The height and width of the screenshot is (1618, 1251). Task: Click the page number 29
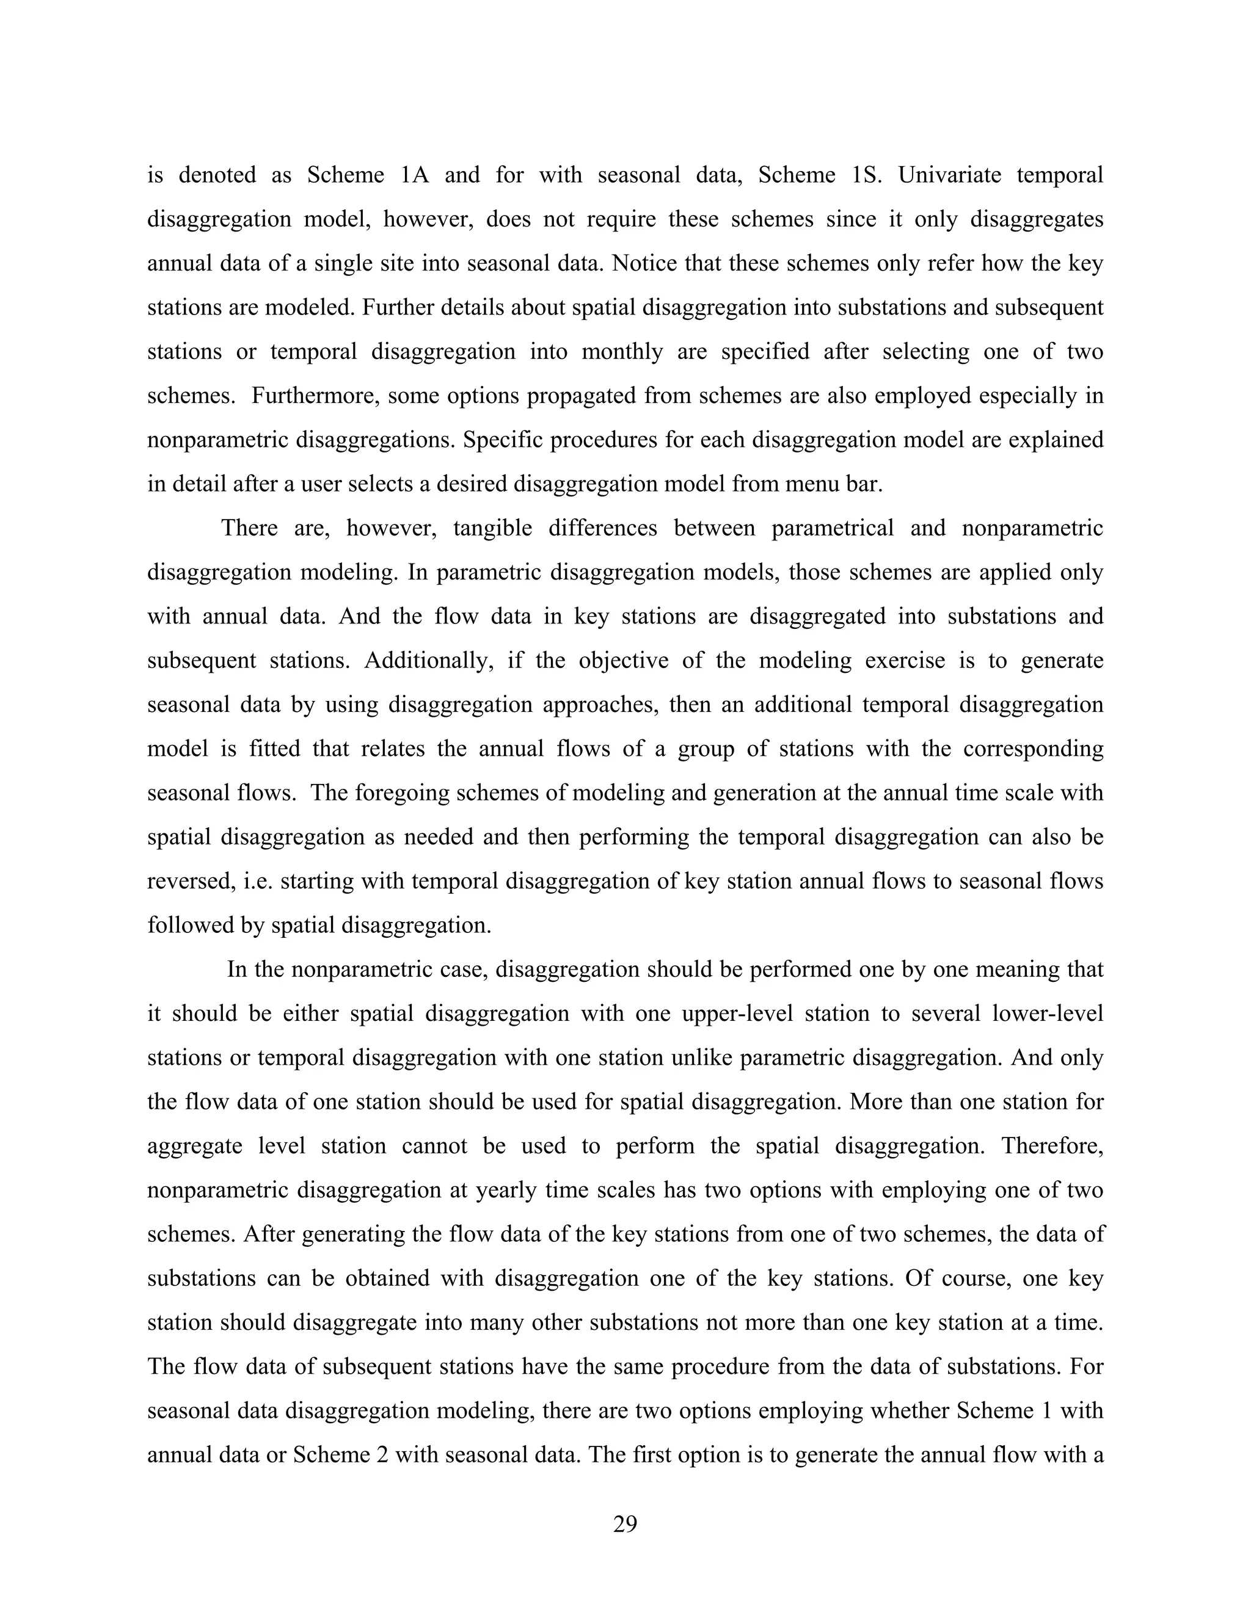625,1524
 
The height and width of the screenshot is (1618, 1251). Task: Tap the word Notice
641,264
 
